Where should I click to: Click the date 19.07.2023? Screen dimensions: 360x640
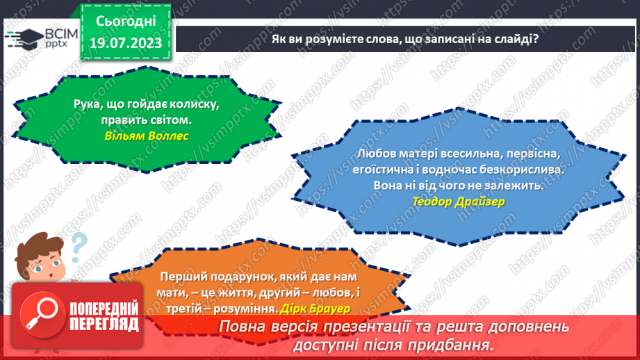126,43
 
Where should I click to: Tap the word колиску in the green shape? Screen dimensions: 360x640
196,104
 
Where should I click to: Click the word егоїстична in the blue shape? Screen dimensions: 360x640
388,170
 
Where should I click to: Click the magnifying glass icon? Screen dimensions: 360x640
41,316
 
